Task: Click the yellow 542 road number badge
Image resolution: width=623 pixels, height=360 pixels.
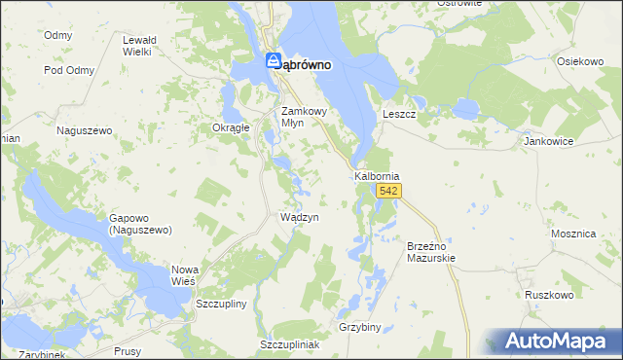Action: [x=389, y=192]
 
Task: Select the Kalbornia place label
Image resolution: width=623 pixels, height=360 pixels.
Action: [x=377, y=176]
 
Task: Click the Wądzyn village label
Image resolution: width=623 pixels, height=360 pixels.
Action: [x=299, y=218]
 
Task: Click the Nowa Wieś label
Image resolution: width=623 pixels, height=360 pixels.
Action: [x=184, y=273]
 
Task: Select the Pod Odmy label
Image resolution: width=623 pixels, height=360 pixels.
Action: [x=68, y=70]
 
